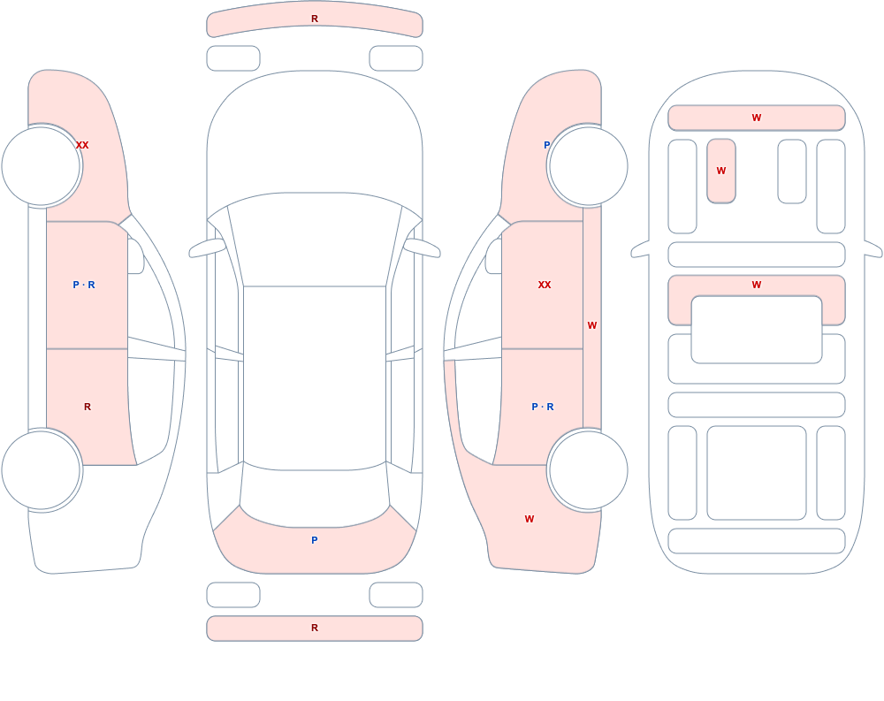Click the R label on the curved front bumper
[315, 19]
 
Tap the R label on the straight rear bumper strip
[315, 628]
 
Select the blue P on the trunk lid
[315, 540]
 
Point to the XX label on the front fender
[82, 145]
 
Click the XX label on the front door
[544, 285]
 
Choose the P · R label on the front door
[84, 285]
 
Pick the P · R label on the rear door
[543, 407]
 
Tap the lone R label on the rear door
[88, 407]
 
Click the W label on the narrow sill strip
[592, 325]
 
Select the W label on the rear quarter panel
[530, 519]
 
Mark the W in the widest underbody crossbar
[757, 118]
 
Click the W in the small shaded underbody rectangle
[721, 171]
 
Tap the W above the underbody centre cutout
[757, 285]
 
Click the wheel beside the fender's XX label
[42, 166]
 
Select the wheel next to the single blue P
[588, 166]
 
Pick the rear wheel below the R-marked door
[42, 470]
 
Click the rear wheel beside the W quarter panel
[588, 470]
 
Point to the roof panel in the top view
[315, 377]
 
